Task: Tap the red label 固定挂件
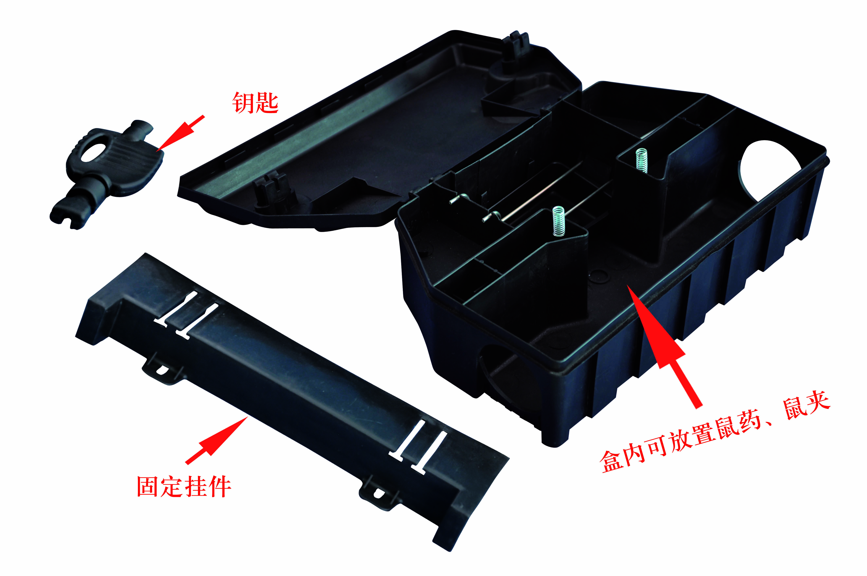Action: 184,487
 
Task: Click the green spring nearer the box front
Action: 558,220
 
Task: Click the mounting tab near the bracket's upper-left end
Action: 162,369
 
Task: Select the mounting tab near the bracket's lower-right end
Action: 378,493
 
